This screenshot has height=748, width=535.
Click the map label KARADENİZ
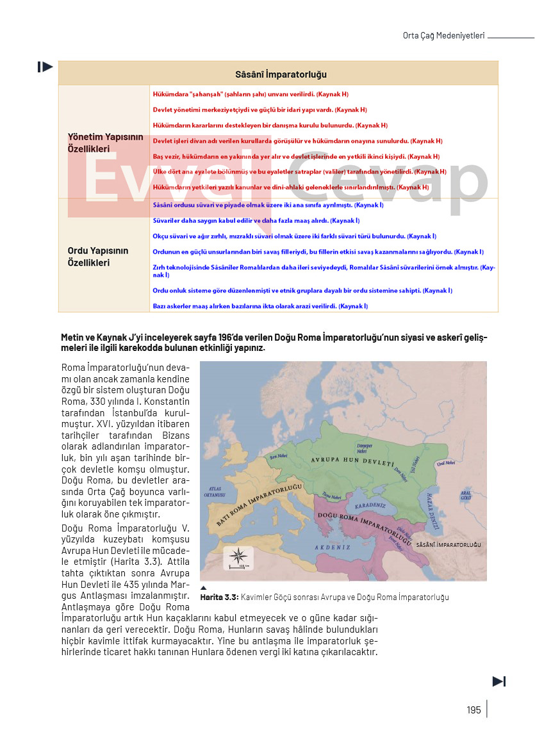coord(369,505)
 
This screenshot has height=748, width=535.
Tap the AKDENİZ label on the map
coord(333,547)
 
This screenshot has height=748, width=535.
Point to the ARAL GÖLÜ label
coord(466,495)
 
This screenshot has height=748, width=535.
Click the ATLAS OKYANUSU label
coord(212,491)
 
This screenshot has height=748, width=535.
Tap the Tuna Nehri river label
coord(332,495)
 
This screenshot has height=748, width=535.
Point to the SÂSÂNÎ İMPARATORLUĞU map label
coord(449,544)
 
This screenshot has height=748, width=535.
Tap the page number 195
coord(473,710)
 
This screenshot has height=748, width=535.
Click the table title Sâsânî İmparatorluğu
coord(281,74)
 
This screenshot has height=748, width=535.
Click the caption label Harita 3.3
coord(219,598)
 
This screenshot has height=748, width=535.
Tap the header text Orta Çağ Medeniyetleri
coord(443,36)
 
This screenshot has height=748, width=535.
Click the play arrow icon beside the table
coord(45,67)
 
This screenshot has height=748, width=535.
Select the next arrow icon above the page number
coord(499,681)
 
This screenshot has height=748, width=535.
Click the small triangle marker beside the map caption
coord(204,588)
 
